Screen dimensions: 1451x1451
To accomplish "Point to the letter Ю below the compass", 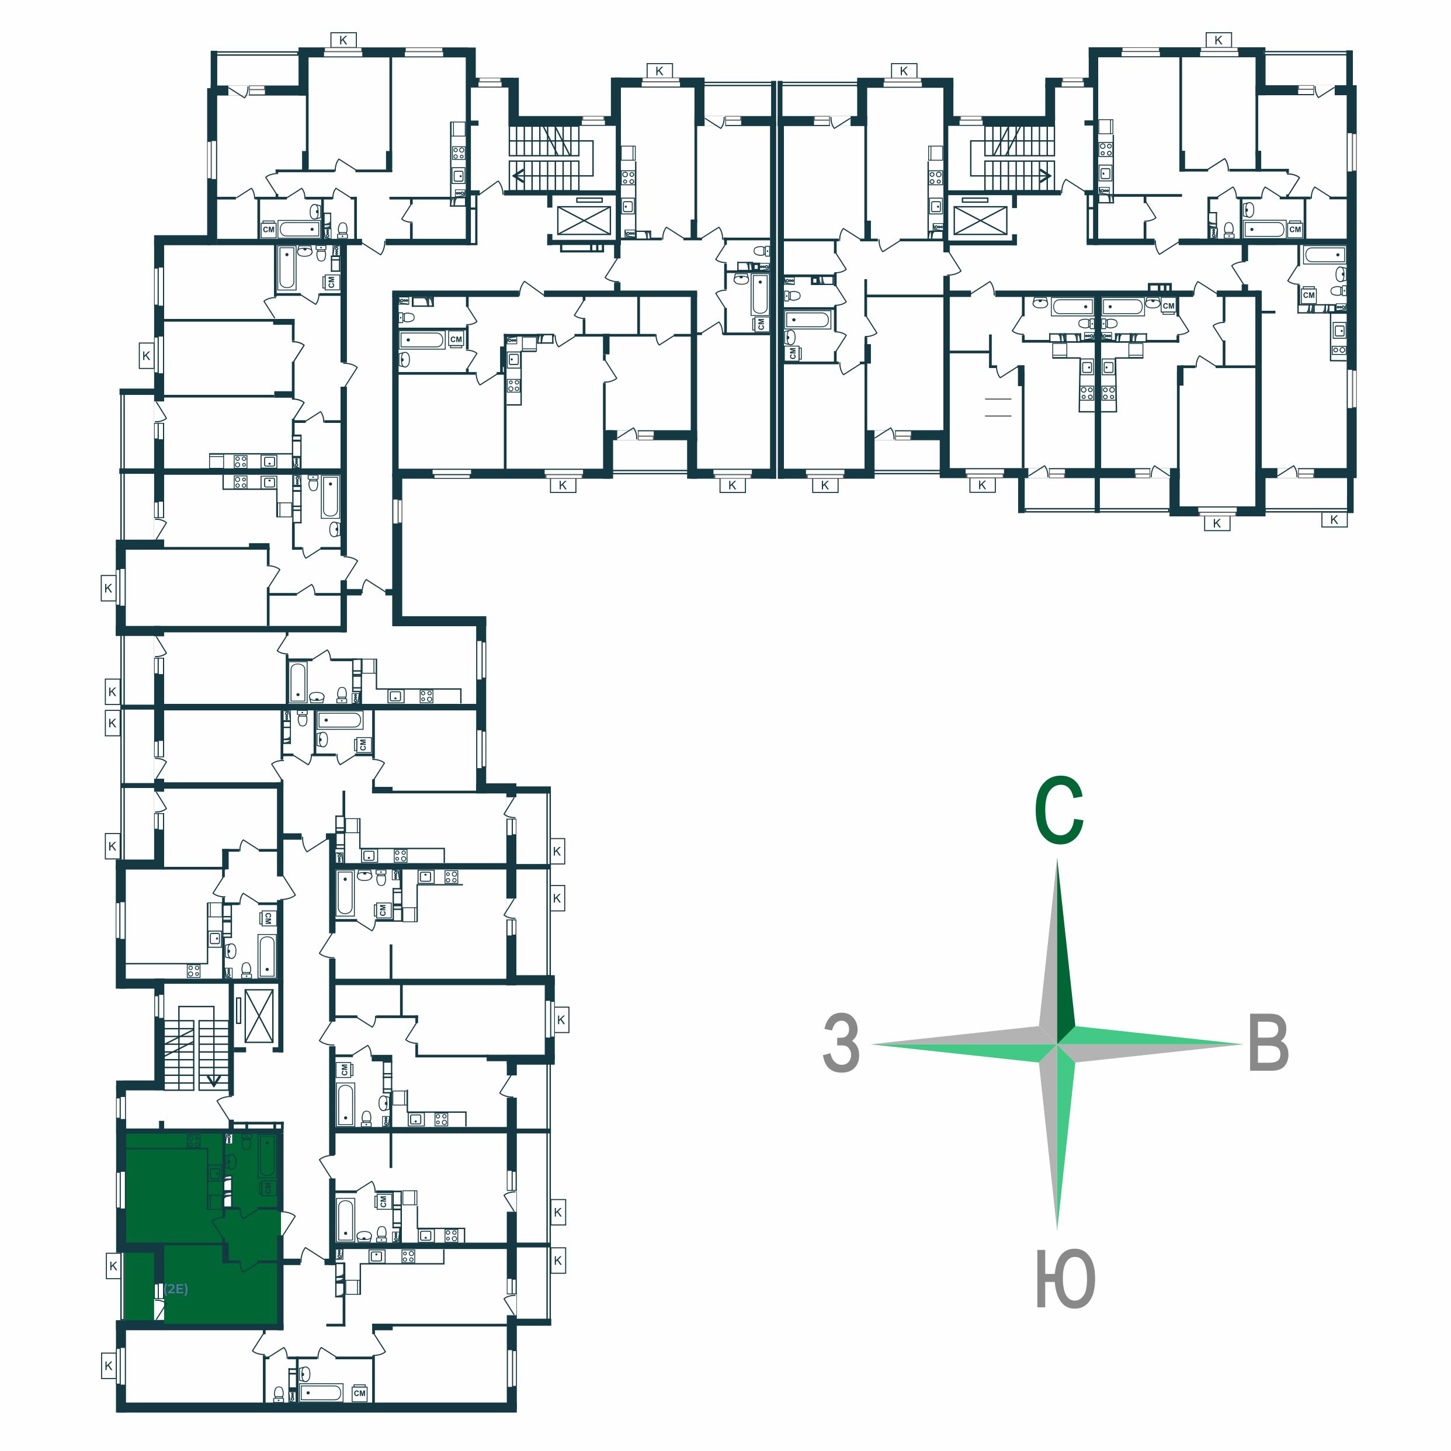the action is point(1065,1279).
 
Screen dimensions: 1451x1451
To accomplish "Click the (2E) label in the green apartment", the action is point(176,1289).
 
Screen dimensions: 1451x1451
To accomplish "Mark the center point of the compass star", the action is point(1057,1044).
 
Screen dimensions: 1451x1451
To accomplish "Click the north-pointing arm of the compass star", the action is point(1057,950).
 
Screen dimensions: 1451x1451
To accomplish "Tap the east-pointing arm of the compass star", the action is point(1149,1044).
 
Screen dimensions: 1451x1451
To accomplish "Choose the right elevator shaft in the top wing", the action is point(980,221).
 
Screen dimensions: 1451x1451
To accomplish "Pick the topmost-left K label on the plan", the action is point(343,40).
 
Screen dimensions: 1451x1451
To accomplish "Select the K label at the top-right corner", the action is point(1218,40).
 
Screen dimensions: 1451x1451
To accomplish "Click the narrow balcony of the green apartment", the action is point(139,1286).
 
